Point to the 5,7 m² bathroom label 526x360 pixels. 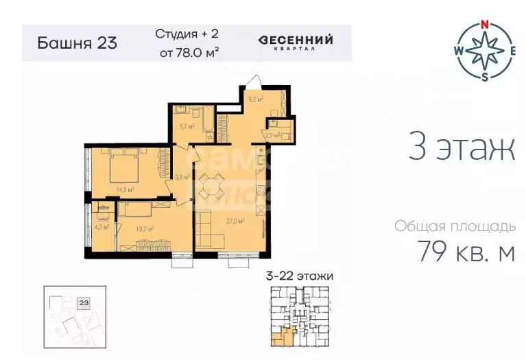pyautogui.click(x=184, y=125)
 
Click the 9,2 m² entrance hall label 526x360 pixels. pyautogui.click(x=255, y=98)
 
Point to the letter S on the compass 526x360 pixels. pyautogui.click(x=484, y=76)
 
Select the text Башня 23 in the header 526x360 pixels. pyautogui.click(x=77, y=43)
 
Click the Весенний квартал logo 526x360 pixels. pyautogui.click(x=296, y=43)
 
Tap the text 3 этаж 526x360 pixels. pyautogui.click(x=461, y=149)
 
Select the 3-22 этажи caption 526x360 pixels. pyautogui.click(x=299, y=276)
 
